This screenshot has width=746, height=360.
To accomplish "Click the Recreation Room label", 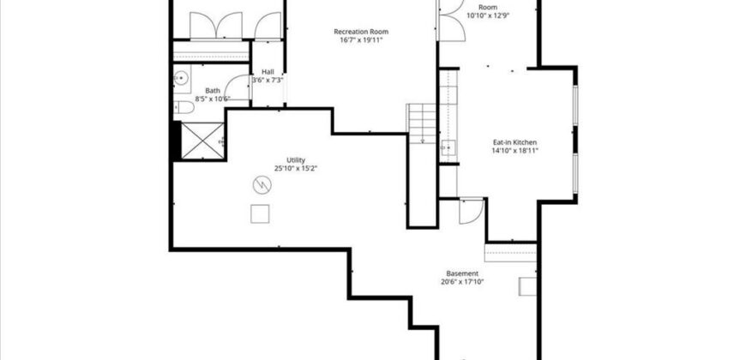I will coord(358,32).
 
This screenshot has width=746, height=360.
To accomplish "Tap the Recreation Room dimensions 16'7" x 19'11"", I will coord(358,39).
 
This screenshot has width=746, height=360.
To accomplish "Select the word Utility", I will coord(295,160).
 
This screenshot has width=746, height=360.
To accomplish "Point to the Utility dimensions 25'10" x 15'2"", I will coord(295,169).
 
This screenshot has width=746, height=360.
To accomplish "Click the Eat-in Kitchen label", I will coord(514,142).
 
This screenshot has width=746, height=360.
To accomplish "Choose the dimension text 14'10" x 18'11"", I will coord(514,151).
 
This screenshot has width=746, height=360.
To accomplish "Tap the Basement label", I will coord(462,273).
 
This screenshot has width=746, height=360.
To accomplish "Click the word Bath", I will coord(213,90).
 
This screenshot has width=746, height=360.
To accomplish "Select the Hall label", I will coord(268,72).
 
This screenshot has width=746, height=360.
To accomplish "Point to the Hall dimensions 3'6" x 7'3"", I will coord(268,80).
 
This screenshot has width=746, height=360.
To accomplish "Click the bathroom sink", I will coord(181,80).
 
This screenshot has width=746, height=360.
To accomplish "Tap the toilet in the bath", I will coord(183,107).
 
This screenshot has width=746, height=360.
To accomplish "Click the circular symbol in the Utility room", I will coord(261,183).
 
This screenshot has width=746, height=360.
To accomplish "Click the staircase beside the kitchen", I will coord(422,123).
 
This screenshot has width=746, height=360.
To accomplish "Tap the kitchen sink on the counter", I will coord(448,147).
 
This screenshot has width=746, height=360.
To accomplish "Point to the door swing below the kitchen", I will coord(471,211).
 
